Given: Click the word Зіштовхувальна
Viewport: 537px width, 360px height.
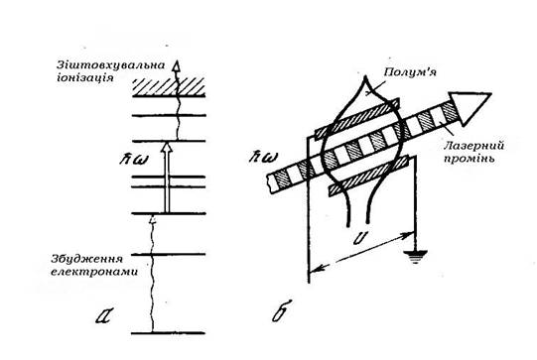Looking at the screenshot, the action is click(110, 64).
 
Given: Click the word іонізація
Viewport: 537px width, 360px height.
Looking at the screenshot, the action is click(84, 77).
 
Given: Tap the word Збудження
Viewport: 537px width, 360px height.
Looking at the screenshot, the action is click(86, 259).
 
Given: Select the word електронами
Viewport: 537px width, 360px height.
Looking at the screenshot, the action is click(94, 272).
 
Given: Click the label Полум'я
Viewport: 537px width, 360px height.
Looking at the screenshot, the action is click(410, 72).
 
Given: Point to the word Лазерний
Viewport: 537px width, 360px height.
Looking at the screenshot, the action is click(473, 146).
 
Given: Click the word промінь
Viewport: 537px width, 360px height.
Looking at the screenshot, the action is click(469, 159).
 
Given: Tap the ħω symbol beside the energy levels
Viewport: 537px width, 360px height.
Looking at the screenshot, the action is click(134, 160).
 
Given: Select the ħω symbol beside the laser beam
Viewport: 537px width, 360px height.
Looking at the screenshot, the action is click(263, 157).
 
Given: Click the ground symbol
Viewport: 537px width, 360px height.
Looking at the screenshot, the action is click(416, 257).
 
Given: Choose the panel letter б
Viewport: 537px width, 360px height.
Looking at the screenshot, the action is click(282, 310).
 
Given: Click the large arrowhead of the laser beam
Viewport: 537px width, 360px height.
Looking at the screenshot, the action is click(469, 108).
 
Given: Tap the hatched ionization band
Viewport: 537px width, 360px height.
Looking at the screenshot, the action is click(169, 86).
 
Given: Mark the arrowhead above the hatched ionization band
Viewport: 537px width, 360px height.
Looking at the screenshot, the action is click(176, 66).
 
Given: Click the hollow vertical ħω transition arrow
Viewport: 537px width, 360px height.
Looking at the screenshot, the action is click(167, 178).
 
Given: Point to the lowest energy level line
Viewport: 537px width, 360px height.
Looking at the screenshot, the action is click(169, 332).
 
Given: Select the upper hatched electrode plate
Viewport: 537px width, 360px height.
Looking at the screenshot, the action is click(357, 119).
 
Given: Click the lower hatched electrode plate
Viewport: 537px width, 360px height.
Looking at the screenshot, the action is click(369, 176).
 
